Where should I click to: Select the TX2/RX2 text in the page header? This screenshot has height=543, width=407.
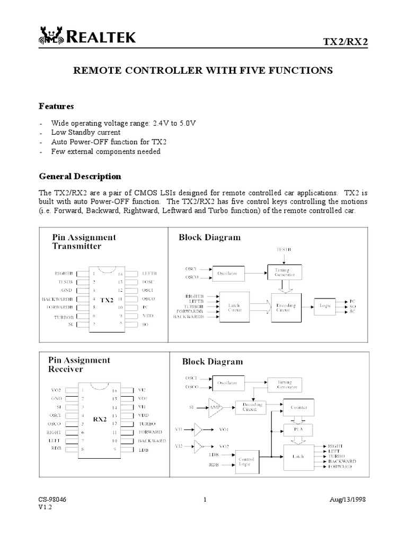coord(346,41)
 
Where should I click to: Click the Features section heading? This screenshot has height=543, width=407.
coord(56,106)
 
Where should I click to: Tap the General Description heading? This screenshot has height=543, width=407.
coord(80,176)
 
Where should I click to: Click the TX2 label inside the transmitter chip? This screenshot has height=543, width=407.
coord(107,300)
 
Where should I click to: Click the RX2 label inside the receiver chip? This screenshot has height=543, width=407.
coord(100,419)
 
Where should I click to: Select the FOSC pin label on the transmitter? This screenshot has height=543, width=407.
coord(148,282)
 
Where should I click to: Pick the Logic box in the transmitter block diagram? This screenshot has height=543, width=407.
coord(324,306)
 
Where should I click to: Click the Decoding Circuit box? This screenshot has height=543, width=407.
coord(249,407)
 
